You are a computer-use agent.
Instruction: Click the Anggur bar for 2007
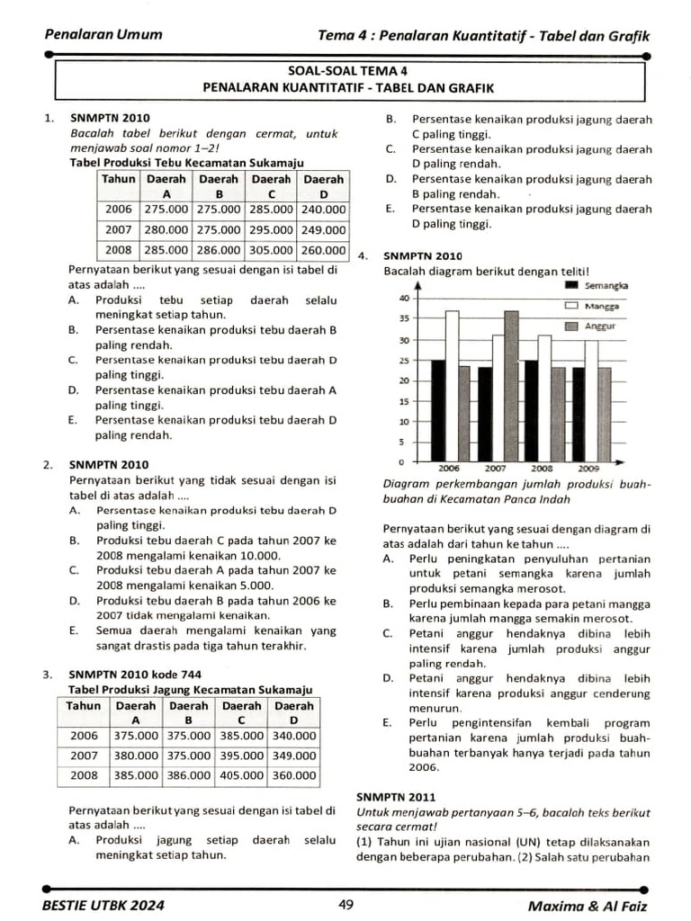click(511, 387)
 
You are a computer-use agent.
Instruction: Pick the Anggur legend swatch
click(570, 326)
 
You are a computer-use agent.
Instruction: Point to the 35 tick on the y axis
click(404, 318)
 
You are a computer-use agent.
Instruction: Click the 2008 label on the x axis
click(542, 469)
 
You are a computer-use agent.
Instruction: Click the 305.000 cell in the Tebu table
click(271, 250)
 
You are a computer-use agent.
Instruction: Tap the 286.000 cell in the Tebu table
click(218, 250)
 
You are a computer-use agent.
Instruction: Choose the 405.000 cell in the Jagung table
click(241, 774)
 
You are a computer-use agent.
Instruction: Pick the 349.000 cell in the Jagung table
click(294, 756)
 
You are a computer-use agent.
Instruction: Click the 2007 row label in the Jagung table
click(84, 756)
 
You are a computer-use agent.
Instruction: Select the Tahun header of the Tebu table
click(119, 179)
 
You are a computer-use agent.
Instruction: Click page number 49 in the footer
click(345, 905)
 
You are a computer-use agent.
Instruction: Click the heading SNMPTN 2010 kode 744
click(135, 675)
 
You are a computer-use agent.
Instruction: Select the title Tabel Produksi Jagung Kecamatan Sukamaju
click(190, 689)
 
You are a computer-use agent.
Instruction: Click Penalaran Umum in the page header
click(103, 35)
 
